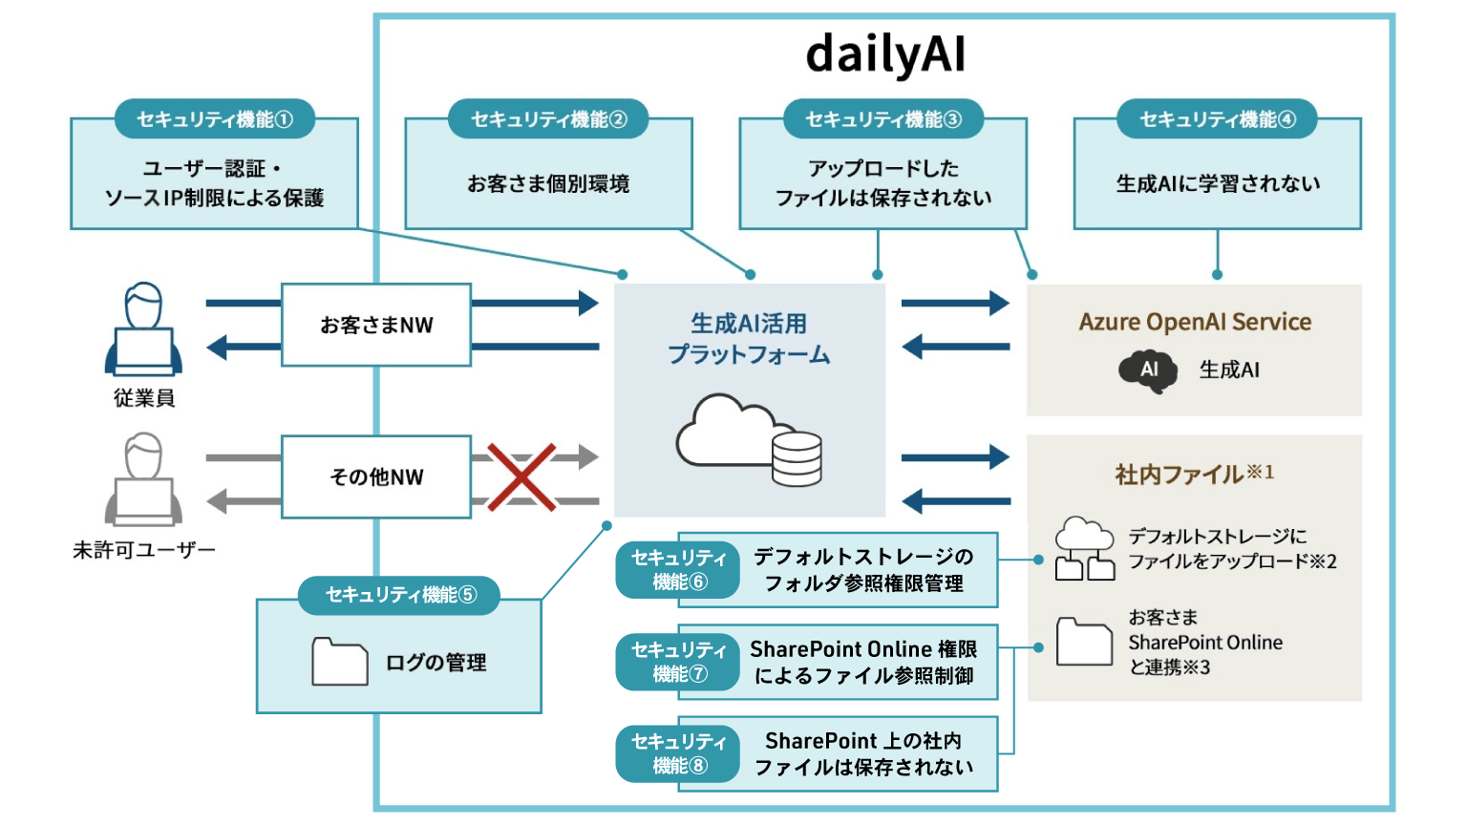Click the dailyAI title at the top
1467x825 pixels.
point(885,54)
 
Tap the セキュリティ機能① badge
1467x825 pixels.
point(215,119)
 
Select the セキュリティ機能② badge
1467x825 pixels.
point(549,119)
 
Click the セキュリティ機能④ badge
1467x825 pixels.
point(1218,119)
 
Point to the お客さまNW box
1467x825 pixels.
point(376,325)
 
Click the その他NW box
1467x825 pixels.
point(376,476)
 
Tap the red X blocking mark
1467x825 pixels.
point(521,476)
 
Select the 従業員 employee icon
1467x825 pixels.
point(143,329)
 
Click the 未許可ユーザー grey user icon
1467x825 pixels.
point(143,479)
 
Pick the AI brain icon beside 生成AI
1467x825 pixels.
point(1148,370)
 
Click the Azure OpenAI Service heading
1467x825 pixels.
point(1195,322)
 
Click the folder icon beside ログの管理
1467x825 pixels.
point(340,662)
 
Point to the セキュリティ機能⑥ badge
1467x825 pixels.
point(678,570)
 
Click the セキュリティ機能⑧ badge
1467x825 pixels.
point(678,753)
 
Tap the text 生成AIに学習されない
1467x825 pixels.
point(1218,183)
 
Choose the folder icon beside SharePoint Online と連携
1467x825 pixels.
point(1084,641)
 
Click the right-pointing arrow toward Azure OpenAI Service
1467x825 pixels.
point(955,304)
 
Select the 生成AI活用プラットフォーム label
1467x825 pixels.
point(749,339)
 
